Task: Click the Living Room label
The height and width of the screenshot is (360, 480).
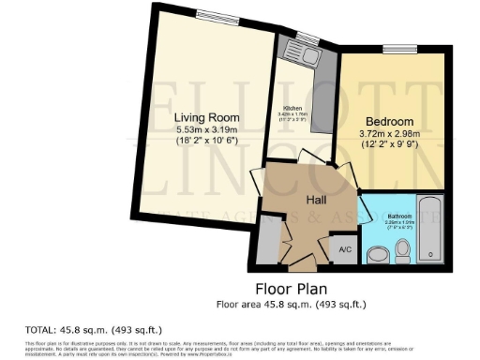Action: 202,116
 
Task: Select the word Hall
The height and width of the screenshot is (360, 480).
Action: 315,199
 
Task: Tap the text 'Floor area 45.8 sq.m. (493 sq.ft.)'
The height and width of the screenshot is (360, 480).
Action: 291,304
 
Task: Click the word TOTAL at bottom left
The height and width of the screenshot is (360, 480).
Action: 39,330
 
